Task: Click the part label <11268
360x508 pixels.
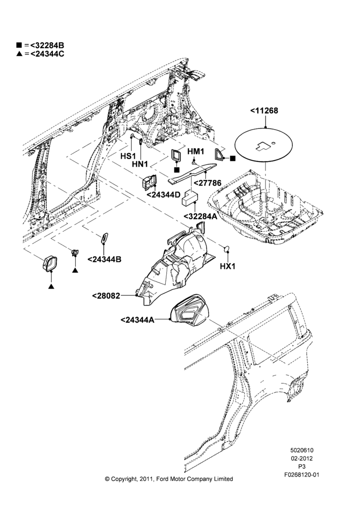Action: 264,111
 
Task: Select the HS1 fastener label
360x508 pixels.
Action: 128,156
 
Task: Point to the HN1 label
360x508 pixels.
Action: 140,164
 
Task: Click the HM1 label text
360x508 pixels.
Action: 196,151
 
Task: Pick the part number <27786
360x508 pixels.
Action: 207,183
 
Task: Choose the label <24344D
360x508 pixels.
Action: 163,195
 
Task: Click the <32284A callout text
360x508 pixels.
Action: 200,216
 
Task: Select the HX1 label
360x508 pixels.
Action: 228,266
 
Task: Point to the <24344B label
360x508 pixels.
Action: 104,260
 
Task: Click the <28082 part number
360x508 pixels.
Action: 106,296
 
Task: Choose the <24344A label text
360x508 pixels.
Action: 137,320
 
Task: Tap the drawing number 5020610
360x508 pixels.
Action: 302,450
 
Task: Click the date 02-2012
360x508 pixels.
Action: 302,458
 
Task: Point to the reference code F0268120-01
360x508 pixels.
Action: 302,474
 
